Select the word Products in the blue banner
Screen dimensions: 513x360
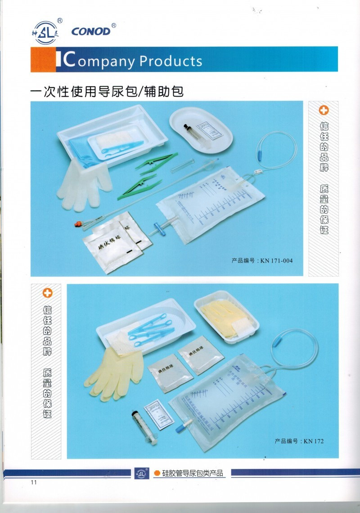(x=171, y=61)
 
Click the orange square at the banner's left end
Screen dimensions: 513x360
(x=43, y=59)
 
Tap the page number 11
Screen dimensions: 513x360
(x=33, y=483)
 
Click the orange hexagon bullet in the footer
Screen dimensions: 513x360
(x=157, y=473)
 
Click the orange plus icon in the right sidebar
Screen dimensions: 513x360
(x=324, y=110)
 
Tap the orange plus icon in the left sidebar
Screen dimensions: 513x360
(x=47, y=293)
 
